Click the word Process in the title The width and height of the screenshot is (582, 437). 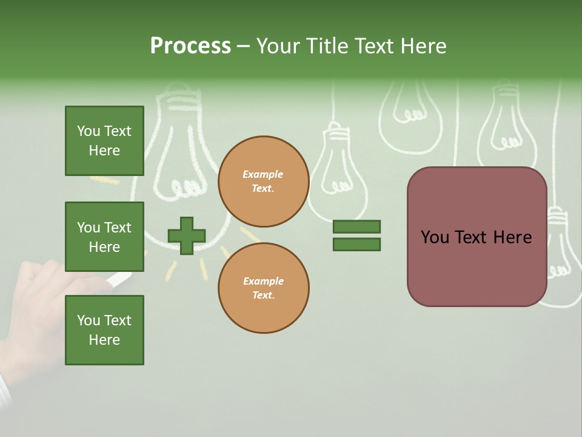click(190, 46)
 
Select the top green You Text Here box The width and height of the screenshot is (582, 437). click(104, 141)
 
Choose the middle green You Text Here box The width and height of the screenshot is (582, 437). click(104, 237)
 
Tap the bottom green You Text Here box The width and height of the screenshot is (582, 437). click(104, 330)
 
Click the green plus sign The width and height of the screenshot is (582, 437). click(187, 235)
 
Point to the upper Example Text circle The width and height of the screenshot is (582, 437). click(263, 181)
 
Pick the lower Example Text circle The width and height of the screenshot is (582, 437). click(263, 288)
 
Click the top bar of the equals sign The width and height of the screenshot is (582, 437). click(356, 227)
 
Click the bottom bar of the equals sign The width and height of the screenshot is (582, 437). click(356, 244)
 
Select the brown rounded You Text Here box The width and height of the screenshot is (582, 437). click(477, 237)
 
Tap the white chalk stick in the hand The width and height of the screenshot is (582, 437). click(119, 279)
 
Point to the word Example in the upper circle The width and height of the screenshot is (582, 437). click(263, 174)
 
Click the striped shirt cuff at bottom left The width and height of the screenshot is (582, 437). click(5, 388)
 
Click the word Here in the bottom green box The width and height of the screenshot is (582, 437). click(104, 340)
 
